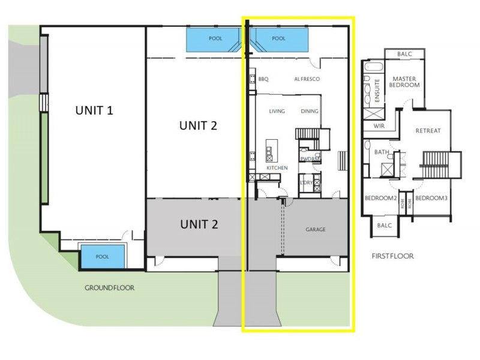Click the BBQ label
coord(263,79)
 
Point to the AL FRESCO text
coord(307,79)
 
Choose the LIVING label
coord(277,111)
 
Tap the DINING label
coord(310,111)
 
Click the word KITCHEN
coord(277,167)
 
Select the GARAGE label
coord(315,229)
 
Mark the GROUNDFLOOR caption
coord(109,287)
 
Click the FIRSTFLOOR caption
coord(393,256)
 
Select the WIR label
coord(379,126)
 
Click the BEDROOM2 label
coord(380,198)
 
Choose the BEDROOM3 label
coord(431,198)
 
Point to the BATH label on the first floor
coord(381,152)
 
